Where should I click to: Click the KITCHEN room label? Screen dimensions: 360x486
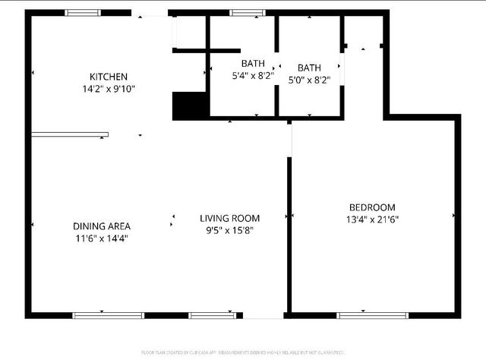pos(109,77)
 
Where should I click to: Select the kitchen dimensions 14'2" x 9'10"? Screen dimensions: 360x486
pos(109,88)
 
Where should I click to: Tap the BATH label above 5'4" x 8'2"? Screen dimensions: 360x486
pos(253,63)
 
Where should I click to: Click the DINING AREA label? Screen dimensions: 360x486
pos(102,226)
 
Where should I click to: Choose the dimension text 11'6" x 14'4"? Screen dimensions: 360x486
pos(102,238)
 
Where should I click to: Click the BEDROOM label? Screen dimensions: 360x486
pos(372,207)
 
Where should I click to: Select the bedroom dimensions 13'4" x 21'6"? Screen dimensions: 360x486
pos(372,219)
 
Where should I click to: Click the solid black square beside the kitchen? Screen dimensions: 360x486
pos(190,106)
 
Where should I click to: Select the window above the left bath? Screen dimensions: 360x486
pos(243,13)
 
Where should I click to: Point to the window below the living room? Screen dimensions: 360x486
pos(212,314)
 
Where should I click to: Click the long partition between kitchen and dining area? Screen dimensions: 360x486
pos(70,135)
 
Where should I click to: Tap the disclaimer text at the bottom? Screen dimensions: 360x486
pos(242,352)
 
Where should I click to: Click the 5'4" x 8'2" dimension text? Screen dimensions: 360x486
pos(253,75)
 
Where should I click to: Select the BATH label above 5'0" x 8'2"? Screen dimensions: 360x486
pos(309,68)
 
